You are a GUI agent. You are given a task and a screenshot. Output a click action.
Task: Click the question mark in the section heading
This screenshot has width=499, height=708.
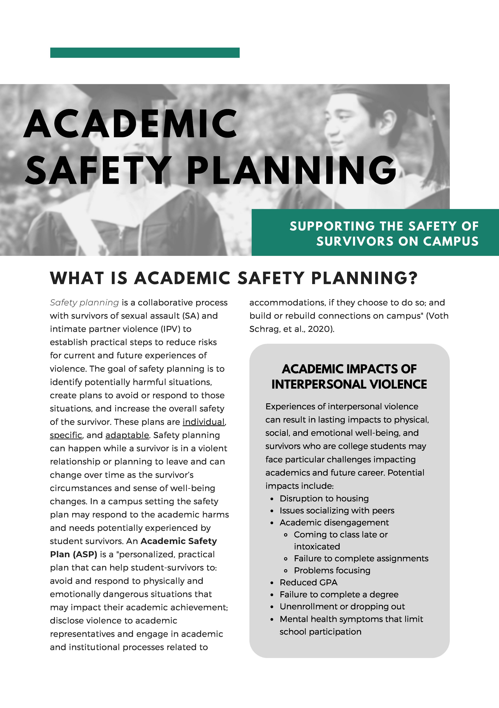coord(413,278)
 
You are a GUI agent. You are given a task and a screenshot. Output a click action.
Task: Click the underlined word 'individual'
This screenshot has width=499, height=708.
coord(203,422)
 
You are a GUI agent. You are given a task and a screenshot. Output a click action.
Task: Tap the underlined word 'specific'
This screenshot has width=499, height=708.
coord(66,435)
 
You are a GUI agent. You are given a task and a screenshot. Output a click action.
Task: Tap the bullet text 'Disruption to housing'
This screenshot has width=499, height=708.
coord(324,499)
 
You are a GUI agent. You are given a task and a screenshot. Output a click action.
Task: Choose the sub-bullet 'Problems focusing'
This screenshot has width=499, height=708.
coord(332,570)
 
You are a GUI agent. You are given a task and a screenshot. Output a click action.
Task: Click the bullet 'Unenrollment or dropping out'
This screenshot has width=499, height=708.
coord(342,606)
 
